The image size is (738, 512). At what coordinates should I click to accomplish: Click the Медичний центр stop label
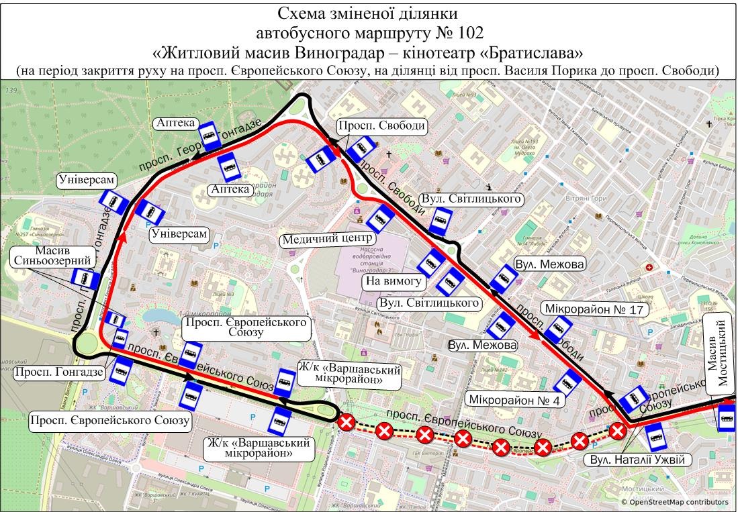coord(327,239)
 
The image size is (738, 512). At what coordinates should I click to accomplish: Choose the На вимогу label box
coord(393,281)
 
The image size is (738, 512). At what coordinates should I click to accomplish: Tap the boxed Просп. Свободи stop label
coord(381,125)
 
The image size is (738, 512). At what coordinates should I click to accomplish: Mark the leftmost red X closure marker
coord(347,423)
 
